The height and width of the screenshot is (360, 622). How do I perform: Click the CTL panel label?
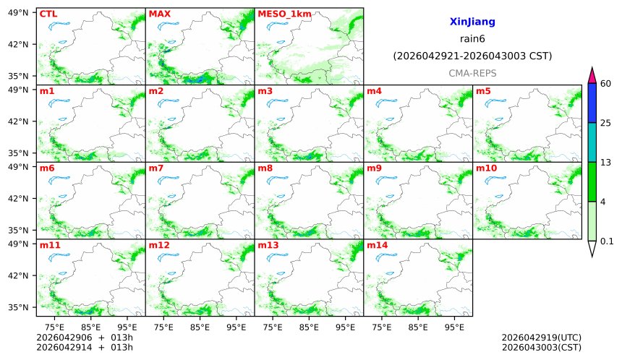[48, 14]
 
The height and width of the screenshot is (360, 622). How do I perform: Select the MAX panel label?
[158, 14]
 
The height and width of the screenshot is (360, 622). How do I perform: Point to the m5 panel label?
[483, 91]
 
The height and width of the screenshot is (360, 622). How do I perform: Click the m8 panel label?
[265, 168]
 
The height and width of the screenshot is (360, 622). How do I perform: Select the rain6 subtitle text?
[472, 39]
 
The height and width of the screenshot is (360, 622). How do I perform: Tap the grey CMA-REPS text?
[472, 73]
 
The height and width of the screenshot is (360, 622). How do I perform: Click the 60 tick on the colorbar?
[606, 84]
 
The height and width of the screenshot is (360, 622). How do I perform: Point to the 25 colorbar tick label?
[606, 123]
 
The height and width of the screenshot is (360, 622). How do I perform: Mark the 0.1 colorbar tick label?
[607, 241]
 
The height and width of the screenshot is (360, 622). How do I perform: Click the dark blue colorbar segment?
[592, 103]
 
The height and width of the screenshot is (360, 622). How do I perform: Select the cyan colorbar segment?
[592, 142]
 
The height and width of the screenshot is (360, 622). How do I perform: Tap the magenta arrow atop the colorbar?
[592, 74]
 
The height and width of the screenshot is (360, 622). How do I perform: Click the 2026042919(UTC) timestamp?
[541, 338]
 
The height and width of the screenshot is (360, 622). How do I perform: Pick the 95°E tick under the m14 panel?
[454, 327]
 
